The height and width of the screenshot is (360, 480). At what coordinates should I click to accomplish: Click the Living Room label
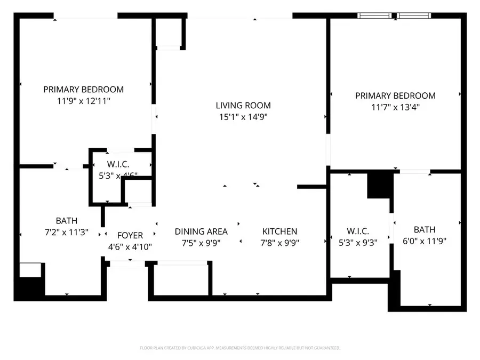(243, 106)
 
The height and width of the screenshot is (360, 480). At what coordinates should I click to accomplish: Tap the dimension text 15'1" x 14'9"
(243, 117)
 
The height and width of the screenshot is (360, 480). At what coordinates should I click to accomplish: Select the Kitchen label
(279, 231)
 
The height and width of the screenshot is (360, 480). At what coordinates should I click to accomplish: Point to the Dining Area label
(201, 231)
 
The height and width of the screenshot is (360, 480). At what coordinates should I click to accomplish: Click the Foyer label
(130, 235)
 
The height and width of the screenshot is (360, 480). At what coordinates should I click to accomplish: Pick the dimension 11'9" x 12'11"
(83, 100)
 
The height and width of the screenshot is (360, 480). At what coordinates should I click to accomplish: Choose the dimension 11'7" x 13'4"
(395, 107)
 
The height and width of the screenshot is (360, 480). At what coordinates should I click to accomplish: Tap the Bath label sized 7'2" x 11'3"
(67, 221)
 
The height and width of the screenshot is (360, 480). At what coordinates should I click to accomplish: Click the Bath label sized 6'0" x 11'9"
(425, 230)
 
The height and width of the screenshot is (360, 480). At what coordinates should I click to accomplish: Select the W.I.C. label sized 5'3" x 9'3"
(358, 231)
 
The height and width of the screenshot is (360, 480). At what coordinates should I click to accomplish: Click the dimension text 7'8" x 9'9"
(279, 243)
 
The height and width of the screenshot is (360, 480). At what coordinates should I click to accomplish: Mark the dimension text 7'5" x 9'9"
(201, 243)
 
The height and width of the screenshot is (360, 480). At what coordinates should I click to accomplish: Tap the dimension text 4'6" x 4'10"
(130, 246)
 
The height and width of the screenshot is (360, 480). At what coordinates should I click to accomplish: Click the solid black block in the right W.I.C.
(379, 185)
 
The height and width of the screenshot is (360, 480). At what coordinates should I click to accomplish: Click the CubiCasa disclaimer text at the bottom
(240, 348)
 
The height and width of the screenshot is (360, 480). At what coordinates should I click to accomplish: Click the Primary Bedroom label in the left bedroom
(83, 90)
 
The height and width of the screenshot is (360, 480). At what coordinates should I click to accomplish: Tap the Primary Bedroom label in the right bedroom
(395, 96)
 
